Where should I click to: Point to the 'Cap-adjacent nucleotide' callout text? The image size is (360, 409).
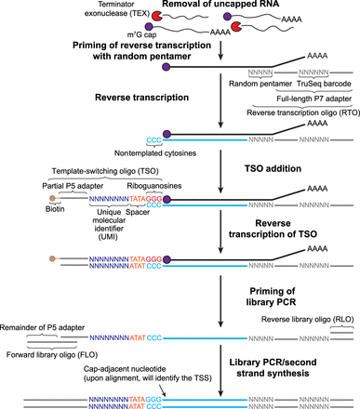click(122, 369)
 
